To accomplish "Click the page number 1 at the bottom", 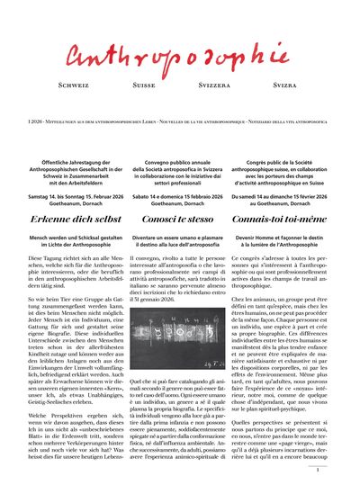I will click(x=330, y=470).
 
